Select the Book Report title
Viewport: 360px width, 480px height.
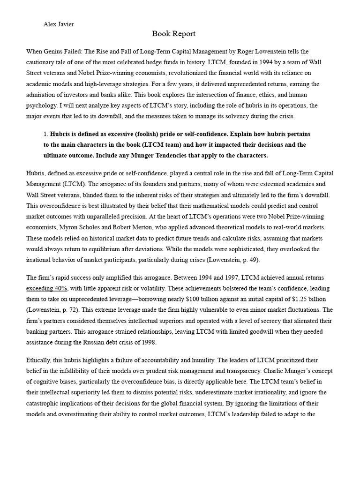[x=173, y=34]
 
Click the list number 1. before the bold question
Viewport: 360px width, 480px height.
[x=45, y=134]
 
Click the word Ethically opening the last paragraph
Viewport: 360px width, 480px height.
[x=40, y=360]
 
